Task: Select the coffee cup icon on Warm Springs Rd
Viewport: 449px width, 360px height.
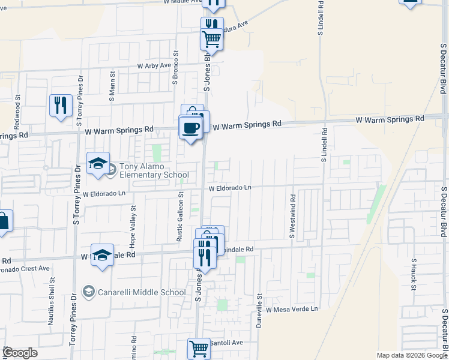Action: (x=191, y=128)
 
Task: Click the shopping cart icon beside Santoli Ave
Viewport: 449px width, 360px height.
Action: (x=199, y=348)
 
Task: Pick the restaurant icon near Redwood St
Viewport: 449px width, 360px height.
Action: (x=61, y=106)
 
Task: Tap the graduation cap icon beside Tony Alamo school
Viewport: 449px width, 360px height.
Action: (x=98, y=163)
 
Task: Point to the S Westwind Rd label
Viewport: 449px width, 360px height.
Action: (x=292, y=217)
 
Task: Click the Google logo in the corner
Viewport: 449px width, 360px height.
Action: (x=20, y=353)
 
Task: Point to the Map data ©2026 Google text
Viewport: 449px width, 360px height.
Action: (x=411, y=355)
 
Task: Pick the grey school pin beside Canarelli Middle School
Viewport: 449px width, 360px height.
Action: (x=89, y=292)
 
